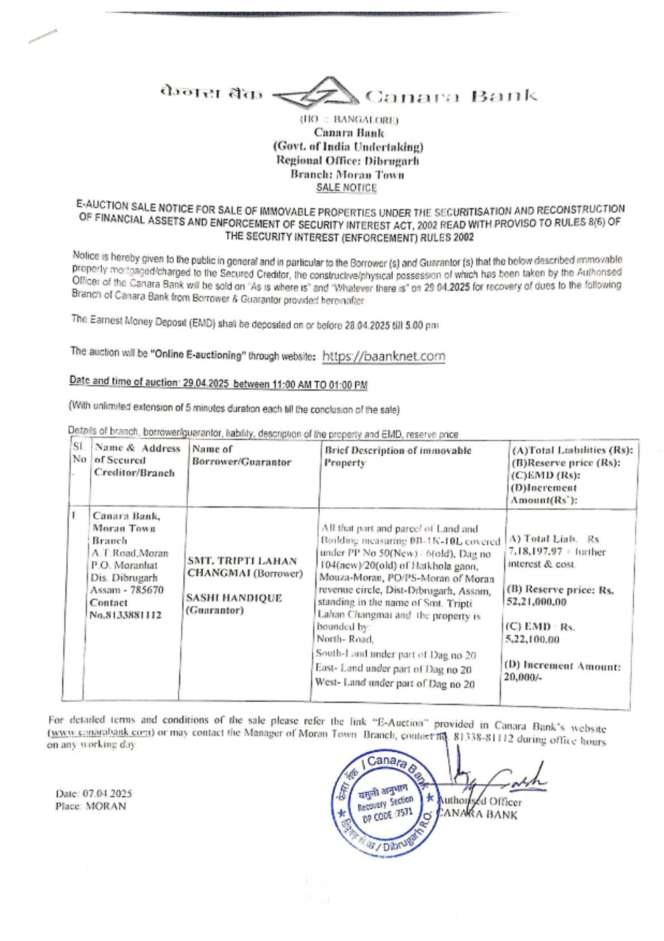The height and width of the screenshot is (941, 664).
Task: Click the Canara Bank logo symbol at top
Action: [x=317, y=94]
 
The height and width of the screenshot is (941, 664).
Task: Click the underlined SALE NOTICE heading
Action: [x=346, y=188]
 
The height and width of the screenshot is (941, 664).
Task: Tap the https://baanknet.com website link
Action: [x=383, y=356]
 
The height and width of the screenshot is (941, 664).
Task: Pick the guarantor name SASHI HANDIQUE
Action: [x=234, y=598]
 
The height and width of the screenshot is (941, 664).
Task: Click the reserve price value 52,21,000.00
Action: [x=537, y=602]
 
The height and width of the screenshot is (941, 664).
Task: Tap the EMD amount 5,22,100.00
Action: [x=533, y=640]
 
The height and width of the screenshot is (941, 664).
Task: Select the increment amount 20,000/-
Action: [x=523, y=678]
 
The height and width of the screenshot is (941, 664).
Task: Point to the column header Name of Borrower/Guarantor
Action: [x=241, y=456]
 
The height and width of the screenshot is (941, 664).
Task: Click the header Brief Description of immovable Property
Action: [x=397, y=456]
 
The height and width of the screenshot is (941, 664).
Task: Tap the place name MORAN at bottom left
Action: [x=106, y=806]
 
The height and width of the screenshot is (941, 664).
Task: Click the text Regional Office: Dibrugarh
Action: [x=347, y=161]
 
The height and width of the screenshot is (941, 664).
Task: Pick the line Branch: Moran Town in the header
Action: [x=347, y=175]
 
